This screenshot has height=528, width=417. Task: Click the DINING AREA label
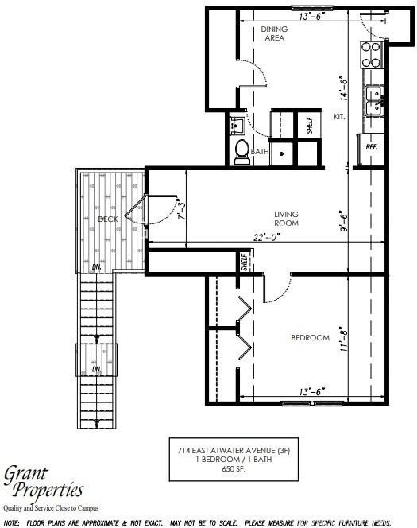coord(274,33)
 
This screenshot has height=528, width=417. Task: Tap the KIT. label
coord(338,117)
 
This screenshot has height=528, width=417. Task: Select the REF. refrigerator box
coord(371,147)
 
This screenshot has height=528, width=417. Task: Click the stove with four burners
coord(371,53)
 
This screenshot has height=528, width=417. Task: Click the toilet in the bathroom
coord(242,151)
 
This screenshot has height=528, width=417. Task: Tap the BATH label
coord(261,151)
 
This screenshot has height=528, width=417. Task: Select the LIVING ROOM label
coord(286,218)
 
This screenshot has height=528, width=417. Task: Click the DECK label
coord(107,219)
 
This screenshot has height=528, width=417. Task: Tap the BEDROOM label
coord(310,338)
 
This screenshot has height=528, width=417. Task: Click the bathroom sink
coord(237,125)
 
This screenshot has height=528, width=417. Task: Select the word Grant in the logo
coord(29,473)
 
